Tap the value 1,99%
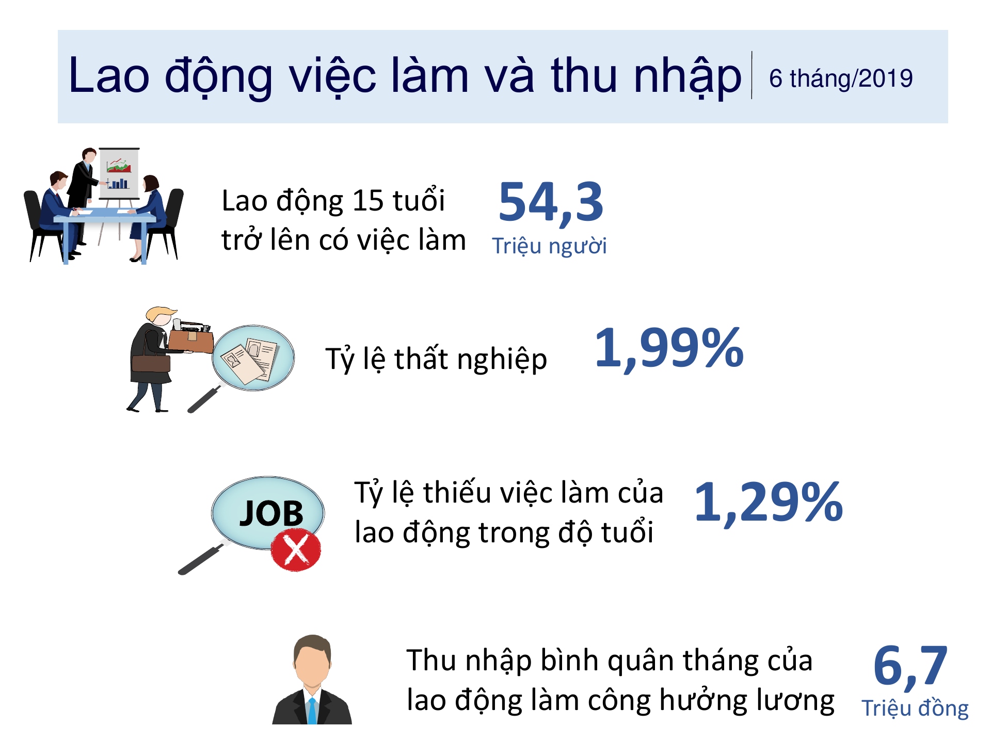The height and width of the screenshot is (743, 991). [x=669, y=349]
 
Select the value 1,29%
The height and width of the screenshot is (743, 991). [x=769, y=503]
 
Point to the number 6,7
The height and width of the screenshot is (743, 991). [x=910, y=667]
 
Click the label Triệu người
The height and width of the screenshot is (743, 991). [x=549, y=246]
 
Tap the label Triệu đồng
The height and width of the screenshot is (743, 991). [x=915, y=708]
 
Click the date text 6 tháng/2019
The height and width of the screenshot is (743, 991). [x=841, y=79]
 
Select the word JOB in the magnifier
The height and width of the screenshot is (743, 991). [x=271, y=513]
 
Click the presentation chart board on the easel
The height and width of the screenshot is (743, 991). [x=119, y=173]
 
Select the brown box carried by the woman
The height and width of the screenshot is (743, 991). [x=190, y=341]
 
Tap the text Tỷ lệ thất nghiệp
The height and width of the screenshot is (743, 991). [x=436, y=359]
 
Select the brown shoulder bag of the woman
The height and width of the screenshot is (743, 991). [x=151, y=363]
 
